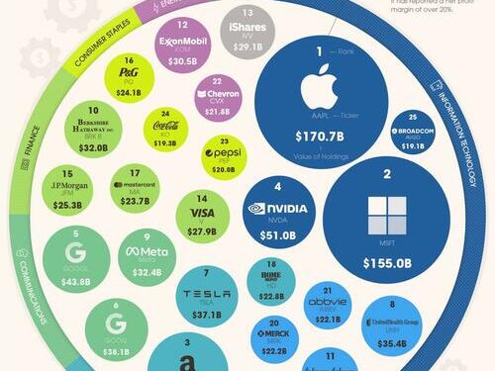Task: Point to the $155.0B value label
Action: tap(386, 264)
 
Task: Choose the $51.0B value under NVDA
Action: tap(278, 234)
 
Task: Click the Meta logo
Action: tap(146, 253)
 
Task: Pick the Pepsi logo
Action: tap(224, 154)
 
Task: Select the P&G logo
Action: tap(129, 73)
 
